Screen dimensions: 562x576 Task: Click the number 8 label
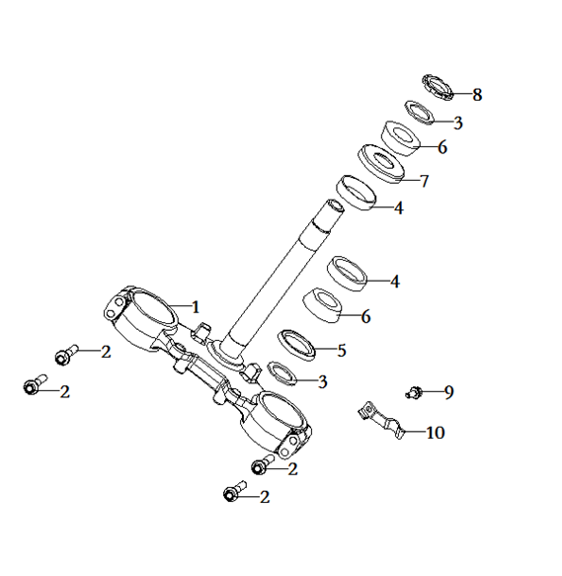point(477,95)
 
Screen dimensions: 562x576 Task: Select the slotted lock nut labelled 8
point(438,87)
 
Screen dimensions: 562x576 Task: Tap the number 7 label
point(425,181)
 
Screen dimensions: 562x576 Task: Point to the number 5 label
point(342,351)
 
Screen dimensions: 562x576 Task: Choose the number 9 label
point(448,392)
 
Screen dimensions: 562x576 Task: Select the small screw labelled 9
point(414,392)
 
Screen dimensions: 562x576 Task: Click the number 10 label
point(436,433)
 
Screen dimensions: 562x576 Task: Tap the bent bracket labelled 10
point(382,420)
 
